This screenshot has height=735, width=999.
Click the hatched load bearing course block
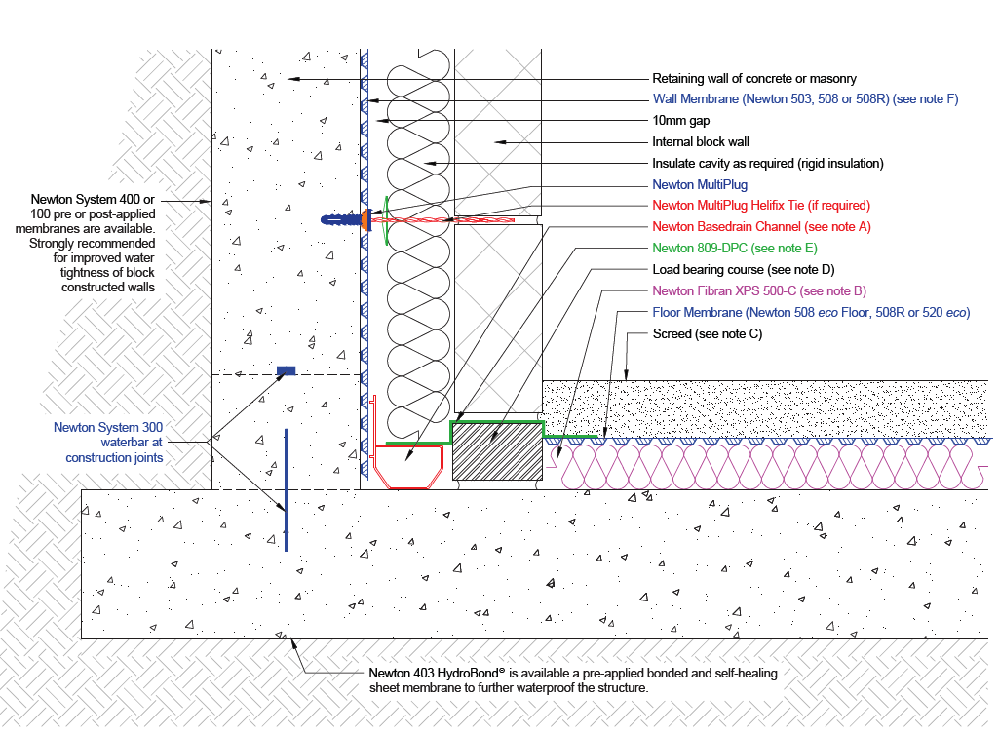pos(498,451)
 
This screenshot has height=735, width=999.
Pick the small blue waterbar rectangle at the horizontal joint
pos(286,370)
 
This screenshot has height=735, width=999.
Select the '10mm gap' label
pos(680,121)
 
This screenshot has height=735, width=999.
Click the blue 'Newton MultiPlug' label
pos(699,184)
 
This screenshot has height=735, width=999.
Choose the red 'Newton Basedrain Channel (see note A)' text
pos(760,226)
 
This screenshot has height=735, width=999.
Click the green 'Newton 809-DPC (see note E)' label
pos(735,248)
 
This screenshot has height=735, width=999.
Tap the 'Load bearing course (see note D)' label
pos(744,269)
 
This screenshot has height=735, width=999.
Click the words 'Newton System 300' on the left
pos(108,427)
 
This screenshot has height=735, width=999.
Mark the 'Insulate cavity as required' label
pos(767,163)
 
